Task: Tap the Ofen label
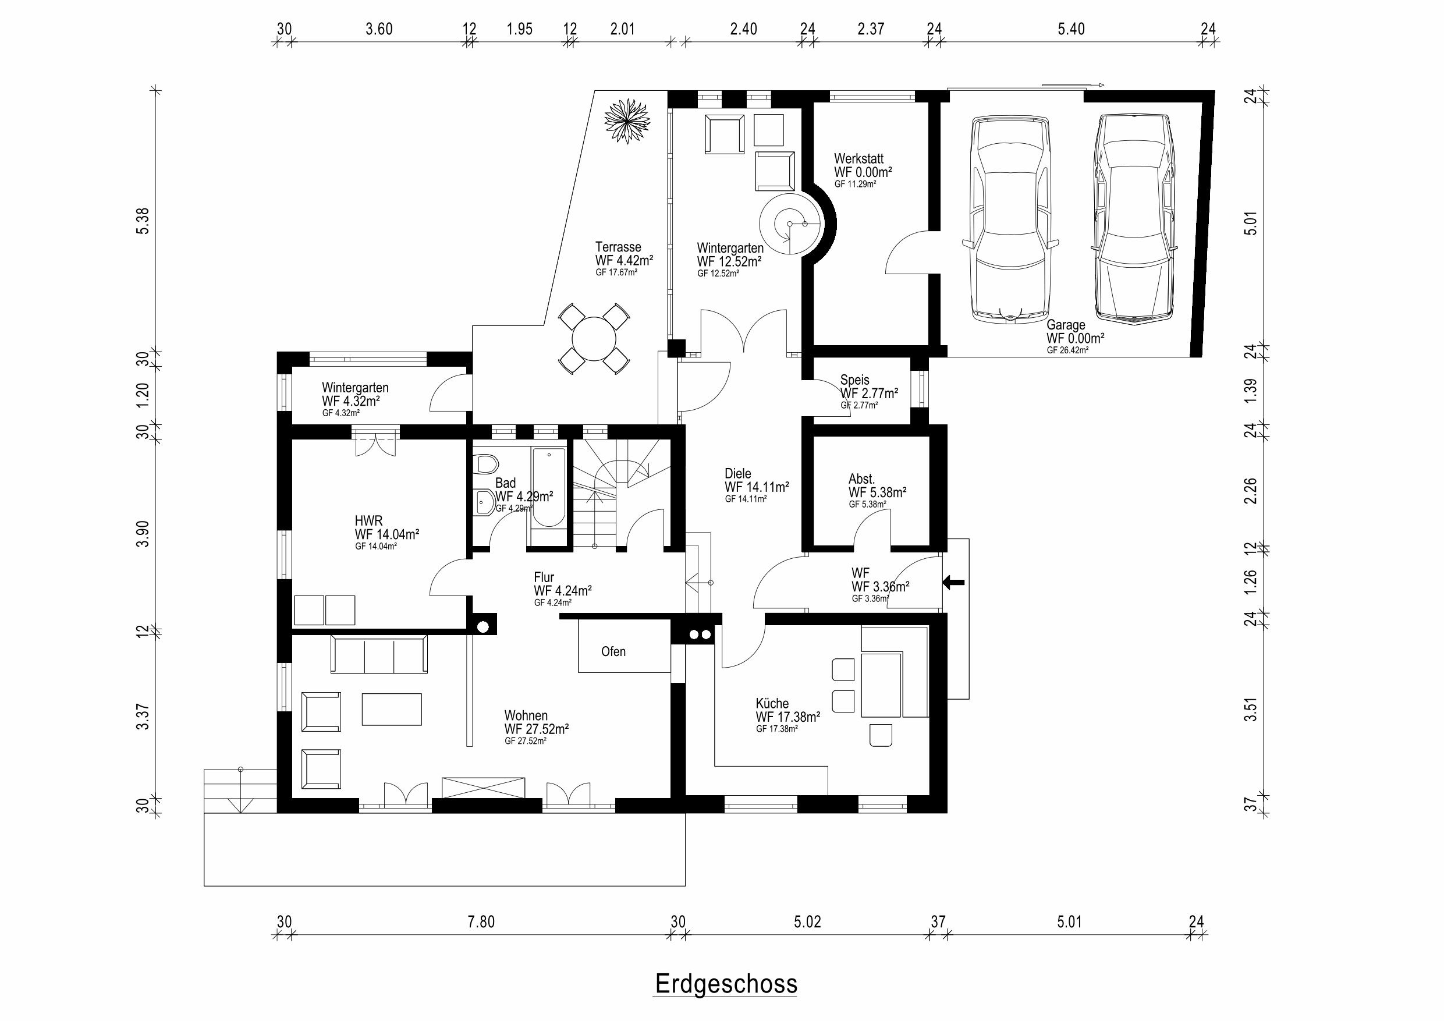tap(613, 652)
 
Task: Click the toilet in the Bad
tap(486, 465)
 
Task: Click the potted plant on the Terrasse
tap(627, 120)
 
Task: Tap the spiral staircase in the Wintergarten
tap(790, 224)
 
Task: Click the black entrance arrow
tap(953, 583)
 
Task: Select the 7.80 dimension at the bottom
tap(481, 922)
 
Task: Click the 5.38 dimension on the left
tap(143, 221)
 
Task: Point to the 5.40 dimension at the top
tap(1071, 29)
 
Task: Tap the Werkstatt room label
tap(859, 158)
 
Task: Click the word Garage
tap(1066, 325)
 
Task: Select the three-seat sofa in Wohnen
tap(379, 654)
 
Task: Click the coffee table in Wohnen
tap(392, 709)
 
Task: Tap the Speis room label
tap(855, 380)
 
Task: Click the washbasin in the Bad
tap(484, 502)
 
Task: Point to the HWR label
tap(368, 521)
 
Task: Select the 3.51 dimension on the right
tap(1251, 709)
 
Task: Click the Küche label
tap(772, 703)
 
